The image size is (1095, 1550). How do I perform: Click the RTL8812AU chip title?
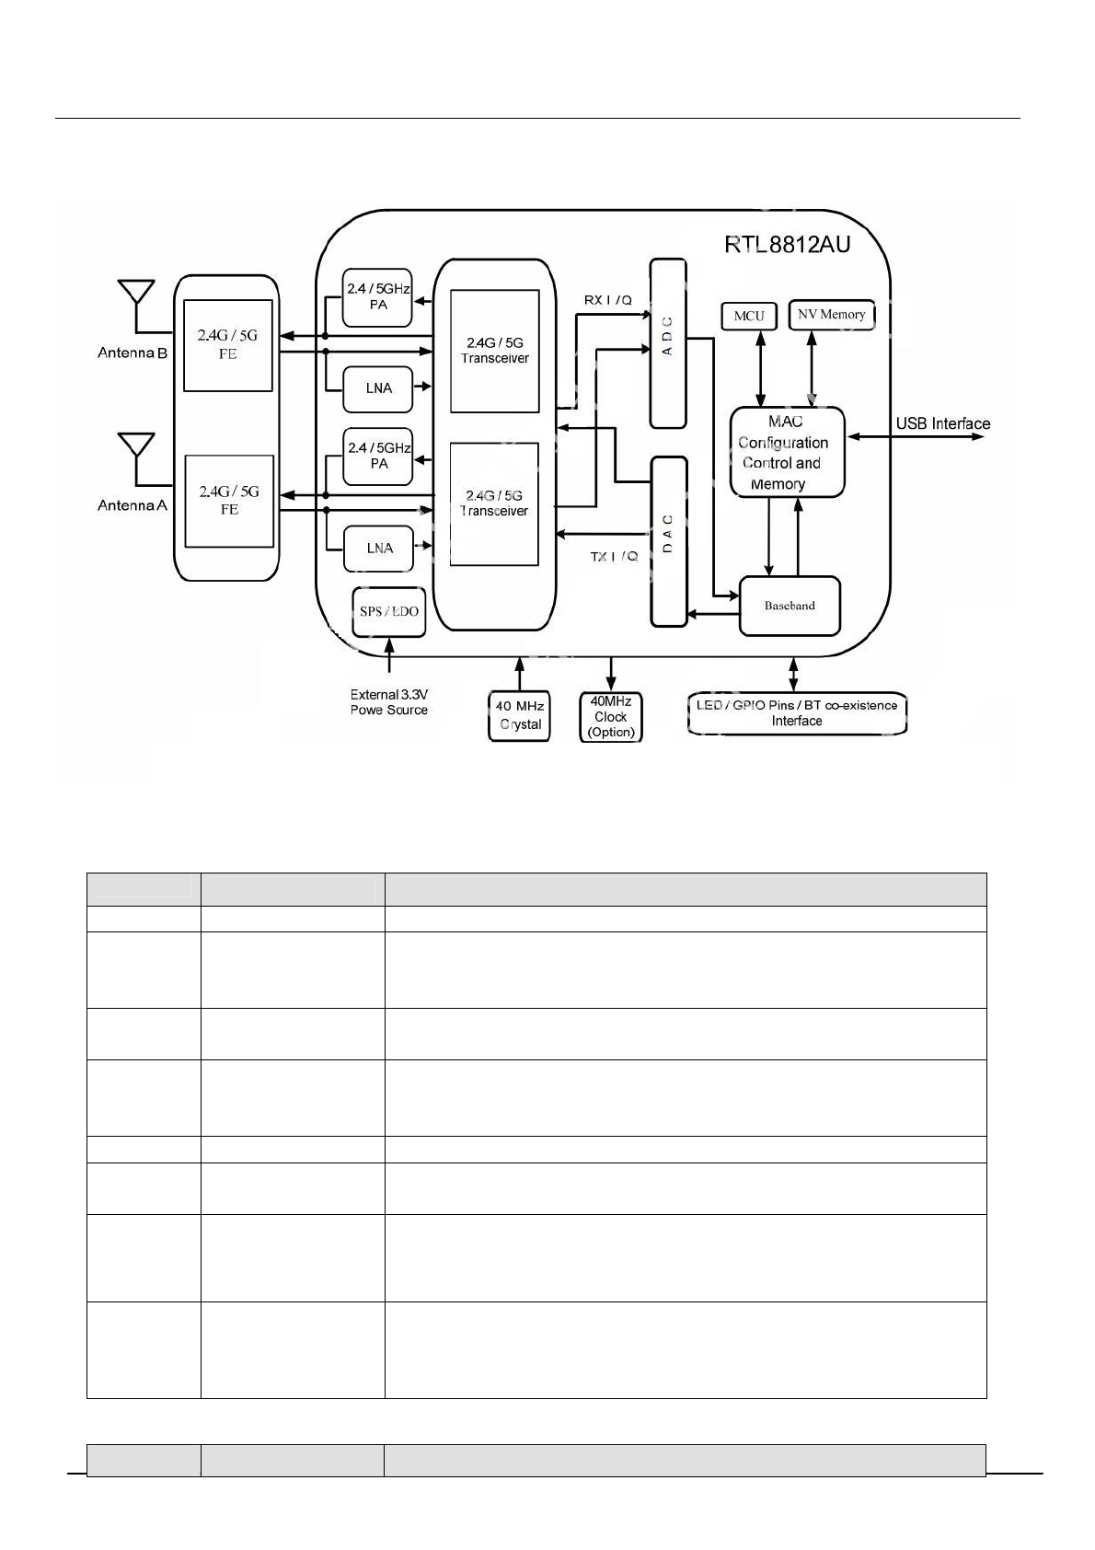[787, 245]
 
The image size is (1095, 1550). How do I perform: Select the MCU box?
[749, 316]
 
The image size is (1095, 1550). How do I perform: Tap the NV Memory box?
[831, 315]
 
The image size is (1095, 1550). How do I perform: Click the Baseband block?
[790, 606]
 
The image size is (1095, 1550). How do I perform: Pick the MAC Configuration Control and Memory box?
[787, 452]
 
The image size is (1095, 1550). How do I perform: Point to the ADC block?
[668, 343]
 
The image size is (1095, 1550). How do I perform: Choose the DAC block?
[668, 541]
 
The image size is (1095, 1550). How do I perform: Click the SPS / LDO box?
[388, 612]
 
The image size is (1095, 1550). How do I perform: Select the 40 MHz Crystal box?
[519, 715]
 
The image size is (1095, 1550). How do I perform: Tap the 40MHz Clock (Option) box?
[611, 717]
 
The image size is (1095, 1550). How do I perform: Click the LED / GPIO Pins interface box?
[797, 713]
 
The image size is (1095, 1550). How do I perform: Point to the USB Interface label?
[943, 423]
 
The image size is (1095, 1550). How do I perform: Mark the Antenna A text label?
[133, 505]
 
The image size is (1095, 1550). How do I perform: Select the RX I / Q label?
[608, 300]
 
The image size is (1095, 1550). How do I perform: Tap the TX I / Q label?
[614, 557]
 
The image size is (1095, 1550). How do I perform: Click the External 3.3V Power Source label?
[388, 702]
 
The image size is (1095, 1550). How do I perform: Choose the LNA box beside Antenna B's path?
[378, 387]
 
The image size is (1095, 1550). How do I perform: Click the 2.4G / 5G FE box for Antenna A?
[229, 501]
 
